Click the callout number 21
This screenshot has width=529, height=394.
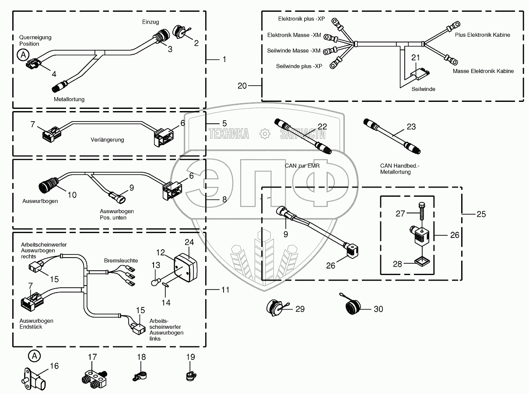(415, 57)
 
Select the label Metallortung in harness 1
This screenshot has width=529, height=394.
(69, 99)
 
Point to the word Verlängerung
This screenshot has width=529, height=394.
(107, 140)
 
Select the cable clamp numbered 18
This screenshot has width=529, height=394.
(139, 375)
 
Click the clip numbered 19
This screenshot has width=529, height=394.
(189, 375)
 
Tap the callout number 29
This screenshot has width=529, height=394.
(300, 309)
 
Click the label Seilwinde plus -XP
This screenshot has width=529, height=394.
(299, 66)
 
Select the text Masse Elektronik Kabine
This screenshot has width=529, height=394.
(483, 71)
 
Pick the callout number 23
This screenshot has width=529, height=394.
(411, 127)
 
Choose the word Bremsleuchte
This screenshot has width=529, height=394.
(121, 261)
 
